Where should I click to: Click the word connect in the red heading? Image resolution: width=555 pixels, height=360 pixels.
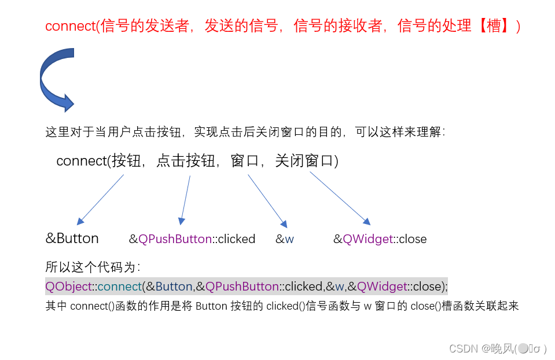tap(70, 26)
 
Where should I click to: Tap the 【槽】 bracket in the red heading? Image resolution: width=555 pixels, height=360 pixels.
tap(494, 26)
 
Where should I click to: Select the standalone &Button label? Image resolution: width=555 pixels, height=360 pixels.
tap(72, 238)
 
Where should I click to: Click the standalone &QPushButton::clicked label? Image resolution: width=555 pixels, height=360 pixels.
tap(192, 239)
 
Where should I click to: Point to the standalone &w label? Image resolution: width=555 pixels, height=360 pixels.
tap(284, 239)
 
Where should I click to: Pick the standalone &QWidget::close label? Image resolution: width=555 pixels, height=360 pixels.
tap(380, 239)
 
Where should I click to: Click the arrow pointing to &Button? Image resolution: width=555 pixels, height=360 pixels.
tap(100, 199)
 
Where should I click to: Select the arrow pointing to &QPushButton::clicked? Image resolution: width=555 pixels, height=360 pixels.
tap(185, 199)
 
